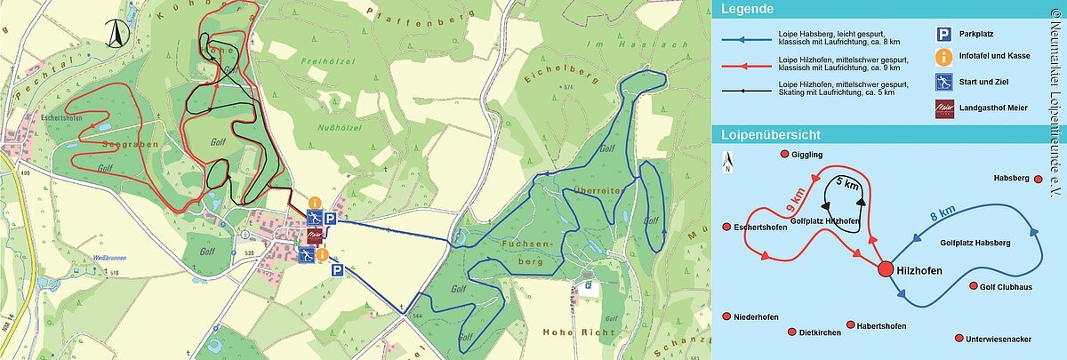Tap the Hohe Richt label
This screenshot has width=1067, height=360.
tap(578, 332)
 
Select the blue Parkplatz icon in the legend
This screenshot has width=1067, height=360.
tap(942, 35)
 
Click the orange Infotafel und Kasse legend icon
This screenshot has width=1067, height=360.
tap(942, 56)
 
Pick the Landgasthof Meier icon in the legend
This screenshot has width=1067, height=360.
tap(942, 108)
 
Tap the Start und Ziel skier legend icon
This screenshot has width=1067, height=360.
tap(942, 82)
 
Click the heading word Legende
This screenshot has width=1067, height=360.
tap(747, 10)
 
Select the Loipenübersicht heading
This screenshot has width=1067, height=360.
tap(770, 135)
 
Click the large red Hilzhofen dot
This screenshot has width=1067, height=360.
tap(885, 269)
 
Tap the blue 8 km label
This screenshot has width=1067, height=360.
tap(942, 212)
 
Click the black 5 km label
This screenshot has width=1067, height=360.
tap(847, 185)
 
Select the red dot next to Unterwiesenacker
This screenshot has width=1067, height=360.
tap(958, 339)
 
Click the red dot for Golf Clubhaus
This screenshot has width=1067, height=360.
tap(972, 286)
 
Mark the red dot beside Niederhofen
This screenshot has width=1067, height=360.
tap(728, 316)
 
